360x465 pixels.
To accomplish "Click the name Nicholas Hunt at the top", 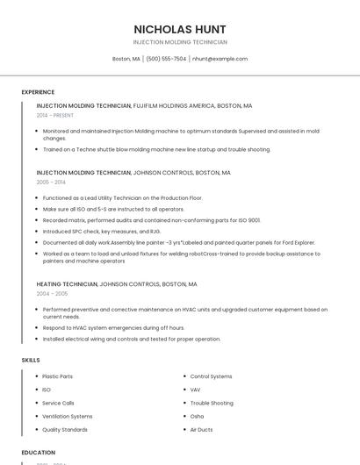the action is pyautogui.click(x=180, y=29).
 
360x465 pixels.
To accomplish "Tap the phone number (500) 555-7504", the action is pyautogui.click(x=166, y=59).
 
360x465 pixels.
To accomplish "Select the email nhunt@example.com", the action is pyautogui.click(x=220, y=59).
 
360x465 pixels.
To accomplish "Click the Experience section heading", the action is pyautogui.click(x=38, y=92).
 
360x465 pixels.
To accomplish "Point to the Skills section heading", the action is pyautogui.click(x=31, y=360).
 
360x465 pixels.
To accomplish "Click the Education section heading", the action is pyautogui.click(x=39, y=453).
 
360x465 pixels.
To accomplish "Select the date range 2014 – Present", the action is pyautogui.click(x=55, y=115).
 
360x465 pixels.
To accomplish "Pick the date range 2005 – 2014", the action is pyautogui.click(x=51, y=182).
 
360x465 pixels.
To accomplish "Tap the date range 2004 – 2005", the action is pyautogui.click(x=52, y=294).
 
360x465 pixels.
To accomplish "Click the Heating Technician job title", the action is pyautogui.click(x=67, y=284).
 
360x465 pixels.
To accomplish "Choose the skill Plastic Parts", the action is pyautogui.click(x=57, y=376).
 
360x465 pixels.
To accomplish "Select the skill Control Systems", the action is pyautogui.click(x=211, y=376).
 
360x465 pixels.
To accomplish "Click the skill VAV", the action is pyautogui.click(x=195, y=390).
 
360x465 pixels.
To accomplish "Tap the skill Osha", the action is pyautogui.click(x=197, y=416).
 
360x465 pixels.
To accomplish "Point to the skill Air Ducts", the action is pyautogui.click(x=201, y=430).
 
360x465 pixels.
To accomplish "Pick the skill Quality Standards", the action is pyautogui.click(x=64, y=430).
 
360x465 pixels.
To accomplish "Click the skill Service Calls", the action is pyautogui.click(x=58, y=403).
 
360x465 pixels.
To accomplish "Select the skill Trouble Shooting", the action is pyautogui.click(x=212, y=403).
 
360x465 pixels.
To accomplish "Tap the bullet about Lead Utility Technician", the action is pyautogui.click(x=122, y=198).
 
